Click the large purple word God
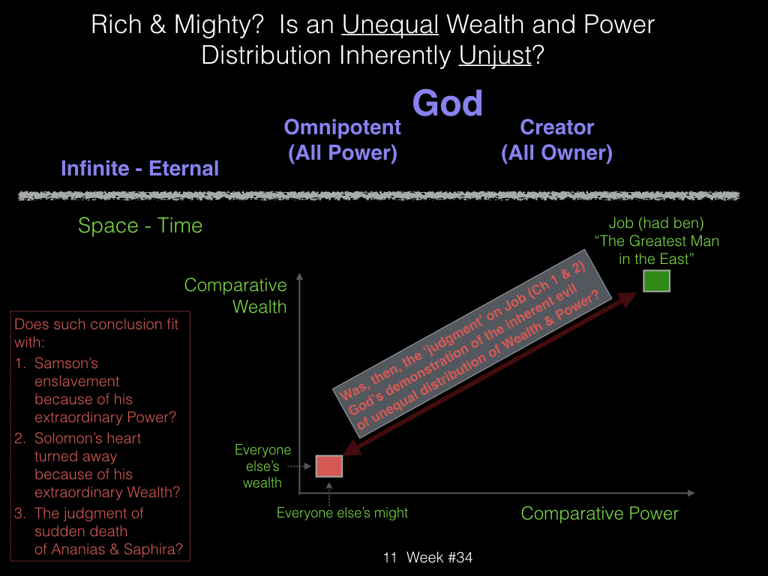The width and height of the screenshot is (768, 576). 447,103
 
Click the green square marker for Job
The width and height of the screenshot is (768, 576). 656,281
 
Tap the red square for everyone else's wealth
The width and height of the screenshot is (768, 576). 328,466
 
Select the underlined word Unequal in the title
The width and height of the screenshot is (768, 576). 390,25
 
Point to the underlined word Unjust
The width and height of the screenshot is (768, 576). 495,55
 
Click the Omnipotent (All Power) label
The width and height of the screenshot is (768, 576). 342,140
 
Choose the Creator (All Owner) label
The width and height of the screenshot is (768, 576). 557,140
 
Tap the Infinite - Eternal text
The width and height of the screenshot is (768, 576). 139,168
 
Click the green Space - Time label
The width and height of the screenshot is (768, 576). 140,225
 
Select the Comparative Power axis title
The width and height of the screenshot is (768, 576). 599,513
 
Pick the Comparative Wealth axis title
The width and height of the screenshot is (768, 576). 235,295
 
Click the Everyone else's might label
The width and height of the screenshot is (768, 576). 342,513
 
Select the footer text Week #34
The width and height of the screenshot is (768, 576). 439,557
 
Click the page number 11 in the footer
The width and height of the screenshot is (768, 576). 390,557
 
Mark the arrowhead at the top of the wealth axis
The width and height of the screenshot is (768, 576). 300,276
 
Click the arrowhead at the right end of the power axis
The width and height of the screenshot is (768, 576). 691,493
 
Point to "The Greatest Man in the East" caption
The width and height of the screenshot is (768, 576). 656,249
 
